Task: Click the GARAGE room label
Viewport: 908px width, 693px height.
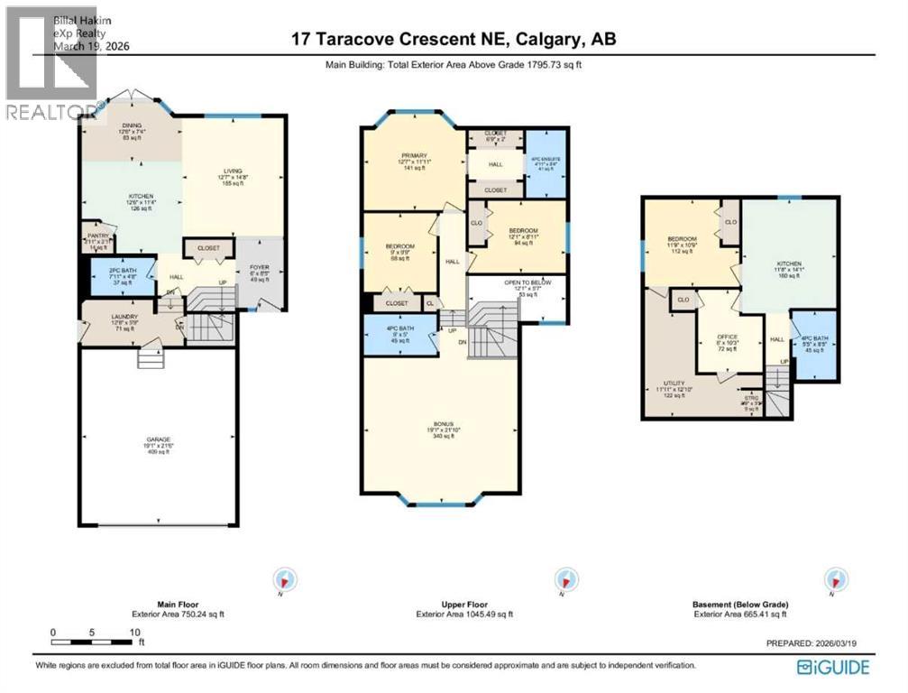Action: tap(158, 439)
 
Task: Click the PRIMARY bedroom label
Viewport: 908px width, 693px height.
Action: tap(414, 155)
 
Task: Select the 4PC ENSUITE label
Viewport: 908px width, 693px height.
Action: tap(546, 159)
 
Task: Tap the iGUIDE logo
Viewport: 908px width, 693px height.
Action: tap(833, 667)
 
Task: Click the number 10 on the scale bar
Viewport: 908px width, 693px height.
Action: tap(134, 633)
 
